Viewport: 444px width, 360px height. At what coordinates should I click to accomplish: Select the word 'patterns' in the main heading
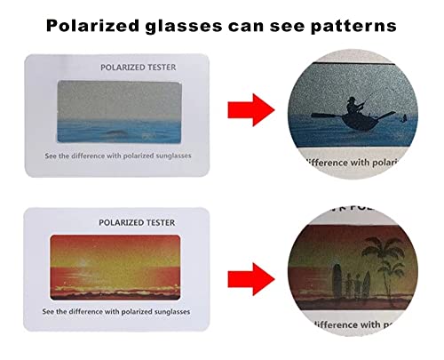pos(351,26)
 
